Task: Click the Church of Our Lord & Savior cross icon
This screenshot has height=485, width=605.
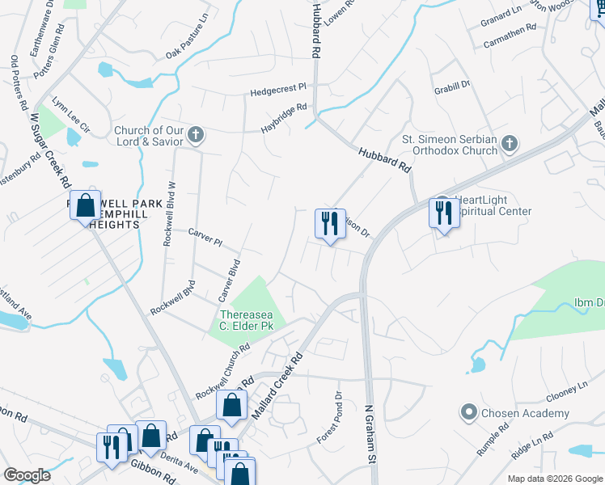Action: pyautogui.click(x=195, y=134)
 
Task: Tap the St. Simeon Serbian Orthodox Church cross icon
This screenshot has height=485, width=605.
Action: pyautogui.click(x=509, y=143)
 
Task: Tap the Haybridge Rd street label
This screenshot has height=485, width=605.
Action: pyautogui.click(x=284, y=118)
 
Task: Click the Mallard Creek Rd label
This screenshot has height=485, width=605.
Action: pyautogui.click(x=277, y=385)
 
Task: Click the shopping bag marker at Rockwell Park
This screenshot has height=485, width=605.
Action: pyautogui.click(x=85, y=206)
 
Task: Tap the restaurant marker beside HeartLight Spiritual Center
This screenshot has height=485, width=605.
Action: pyautogui.click(x=443, y=213)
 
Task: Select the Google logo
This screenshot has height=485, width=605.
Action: pyautogui.click(x=27, y=474)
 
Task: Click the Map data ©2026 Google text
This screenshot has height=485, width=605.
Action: pyautogui.click(x=555, y=479)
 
